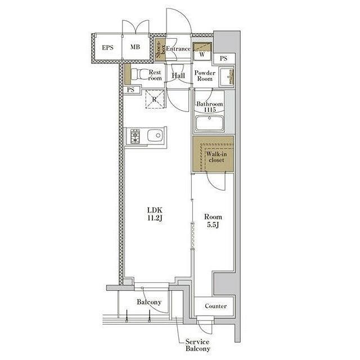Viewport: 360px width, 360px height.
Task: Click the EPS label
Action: (x=107, y=47)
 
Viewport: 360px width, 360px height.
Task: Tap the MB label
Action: (x=135, y=47)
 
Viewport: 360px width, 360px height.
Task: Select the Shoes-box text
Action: (x=160, y=49)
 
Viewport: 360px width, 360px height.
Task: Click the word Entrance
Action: (x=178, y=49)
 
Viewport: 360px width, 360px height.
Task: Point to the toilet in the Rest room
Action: (x=139, y=74)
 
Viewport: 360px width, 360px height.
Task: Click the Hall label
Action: (x=178, y=75)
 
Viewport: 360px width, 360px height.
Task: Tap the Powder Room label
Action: (x=205, y=76)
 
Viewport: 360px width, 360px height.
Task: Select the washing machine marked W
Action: (x=202, y=51)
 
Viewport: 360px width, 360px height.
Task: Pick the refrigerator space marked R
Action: (x=155, y=99)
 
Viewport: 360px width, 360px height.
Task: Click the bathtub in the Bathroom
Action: (x=209, y=123)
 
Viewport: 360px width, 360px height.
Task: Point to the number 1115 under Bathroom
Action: (x=210, y=110)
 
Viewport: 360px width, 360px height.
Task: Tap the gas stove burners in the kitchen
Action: (x=135, y=136)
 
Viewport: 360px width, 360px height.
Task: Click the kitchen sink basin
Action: (x=155, y=136)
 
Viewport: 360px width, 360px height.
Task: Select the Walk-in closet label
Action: (x=216, y=157)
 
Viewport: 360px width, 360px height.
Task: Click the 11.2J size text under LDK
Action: (x=155, y=218)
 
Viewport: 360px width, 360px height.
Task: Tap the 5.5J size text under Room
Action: (x=213, y=225)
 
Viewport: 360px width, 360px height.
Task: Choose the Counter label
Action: (x=216, y=306)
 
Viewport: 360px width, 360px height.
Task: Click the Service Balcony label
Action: (x=197, y=345)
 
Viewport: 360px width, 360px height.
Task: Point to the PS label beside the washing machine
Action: (x=223, y=58)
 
